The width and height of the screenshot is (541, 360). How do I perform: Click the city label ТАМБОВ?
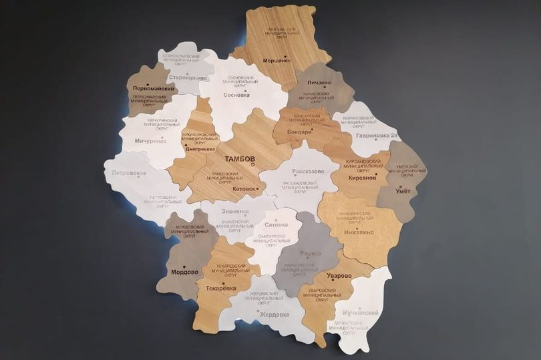click(240, 159)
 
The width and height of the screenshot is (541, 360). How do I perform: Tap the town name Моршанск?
click(277, 60)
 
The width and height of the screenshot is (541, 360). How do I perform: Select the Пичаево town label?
click(319, 82)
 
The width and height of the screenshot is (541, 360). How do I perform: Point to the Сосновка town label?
click(236, 95)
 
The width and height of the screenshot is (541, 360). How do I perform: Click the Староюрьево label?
click(190, 77)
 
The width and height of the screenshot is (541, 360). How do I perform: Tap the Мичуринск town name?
click(150, 141)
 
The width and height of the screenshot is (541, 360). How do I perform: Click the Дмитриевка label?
click(200, 149)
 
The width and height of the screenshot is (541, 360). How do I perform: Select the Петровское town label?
click(129, 173)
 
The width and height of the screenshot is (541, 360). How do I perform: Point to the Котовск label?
click(244, 188)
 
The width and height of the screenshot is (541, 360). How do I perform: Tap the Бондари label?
click(299, 132)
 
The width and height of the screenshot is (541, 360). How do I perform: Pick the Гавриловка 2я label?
click(377, 136)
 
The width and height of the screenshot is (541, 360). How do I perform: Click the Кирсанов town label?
click(362, 178)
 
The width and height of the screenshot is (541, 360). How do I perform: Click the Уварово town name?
click(339, 275)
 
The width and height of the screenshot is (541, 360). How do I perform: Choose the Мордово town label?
click(184, 272)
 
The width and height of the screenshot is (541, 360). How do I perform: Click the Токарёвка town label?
click(220, 288)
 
